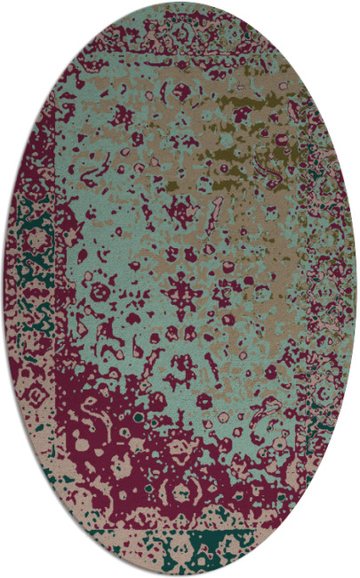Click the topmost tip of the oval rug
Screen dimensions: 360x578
coord(180,3)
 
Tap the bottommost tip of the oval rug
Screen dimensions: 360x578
coord(180,575)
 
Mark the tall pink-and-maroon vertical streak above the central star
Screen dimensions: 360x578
coord(213,213)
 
